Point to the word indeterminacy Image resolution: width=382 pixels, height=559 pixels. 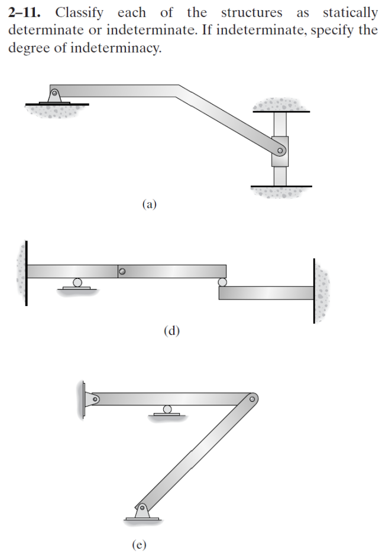[112, 48]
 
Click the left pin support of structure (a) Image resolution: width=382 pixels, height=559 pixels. [54, 95]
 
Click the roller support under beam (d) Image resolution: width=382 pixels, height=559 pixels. [77, 283]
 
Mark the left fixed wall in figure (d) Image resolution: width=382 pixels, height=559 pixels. [25, 271]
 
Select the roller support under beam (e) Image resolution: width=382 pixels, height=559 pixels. [167, 409]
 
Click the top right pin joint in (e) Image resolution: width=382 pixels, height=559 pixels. [252, 399]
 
